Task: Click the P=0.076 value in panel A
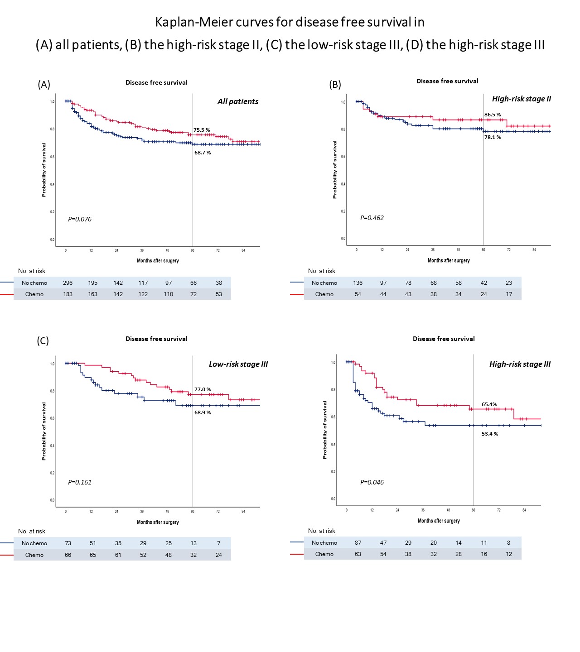point(80,219)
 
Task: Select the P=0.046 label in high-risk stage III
point(372,482)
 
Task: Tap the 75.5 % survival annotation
point(202,130)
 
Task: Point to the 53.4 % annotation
point(490,434)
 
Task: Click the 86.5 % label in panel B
point(493,115)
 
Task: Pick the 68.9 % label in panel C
point(203,412)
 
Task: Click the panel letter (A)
point(44,85)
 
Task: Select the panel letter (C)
point(43,341)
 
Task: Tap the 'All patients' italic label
point(238,101)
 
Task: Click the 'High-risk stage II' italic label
point(522,99)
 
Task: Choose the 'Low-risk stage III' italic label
point(238,364)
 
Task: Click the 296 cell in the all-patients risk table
point(68,283)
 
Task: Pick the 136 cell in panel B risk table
point(358,283)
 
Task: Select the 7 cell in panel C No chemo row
point(219,543)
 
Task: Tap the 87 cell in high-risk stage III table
point(358,542)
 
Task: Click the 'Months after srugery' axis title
point(158,261)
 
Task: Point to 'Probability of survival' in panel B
point(335,169)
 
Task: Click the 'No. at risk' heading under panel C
point(32,531)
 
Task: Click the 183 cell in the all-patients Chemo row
point(68,294)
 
